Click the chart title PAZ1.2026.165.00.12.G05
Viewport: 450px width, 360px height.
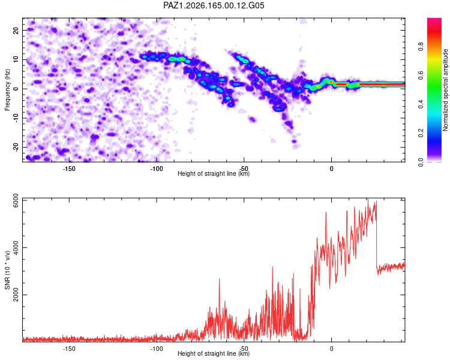(214, 5)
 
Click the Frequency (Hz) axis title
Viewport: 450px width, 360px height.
(7, 90)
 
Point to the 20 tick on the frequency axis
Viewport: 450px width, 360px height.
(16, 30)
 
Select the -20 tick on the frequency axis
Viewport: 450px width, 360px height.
(16, 148)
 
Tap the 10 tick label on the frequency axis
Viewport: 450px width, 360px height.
(16, 59)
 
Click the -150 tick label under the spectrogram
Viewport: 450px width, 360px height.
(69, 169)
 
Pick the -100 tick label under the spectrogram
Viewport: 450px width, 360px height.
(157, 169)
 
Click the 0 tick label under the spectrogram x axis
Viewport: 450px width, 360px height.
(331, 169)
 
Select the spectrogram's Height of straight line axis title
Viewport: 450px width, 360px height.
(214, 173)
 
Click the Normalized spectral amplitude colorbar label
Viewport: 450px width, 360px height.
(445, 90)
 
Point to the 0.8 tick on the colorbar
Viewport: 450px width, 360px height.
(421, 46)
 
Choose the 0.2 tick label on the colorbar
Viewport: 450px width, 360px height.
(421, 133)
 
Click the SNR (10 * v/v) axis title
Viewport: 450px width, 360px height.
(7, 270)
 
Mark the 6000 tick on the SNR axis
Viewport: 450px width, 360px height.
(16, 200)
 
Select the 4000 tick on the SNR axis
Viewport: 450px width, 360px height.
(16, 247)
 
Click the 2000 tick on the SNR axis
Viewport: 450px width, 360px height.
(16, 295)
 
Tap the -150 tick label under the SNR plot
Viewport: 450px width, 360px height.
(69, 349)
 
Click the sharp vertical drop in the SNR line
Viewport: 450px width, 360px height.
(376, 235)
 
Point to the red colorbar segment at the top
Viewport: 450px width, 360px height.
(434, 32)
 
